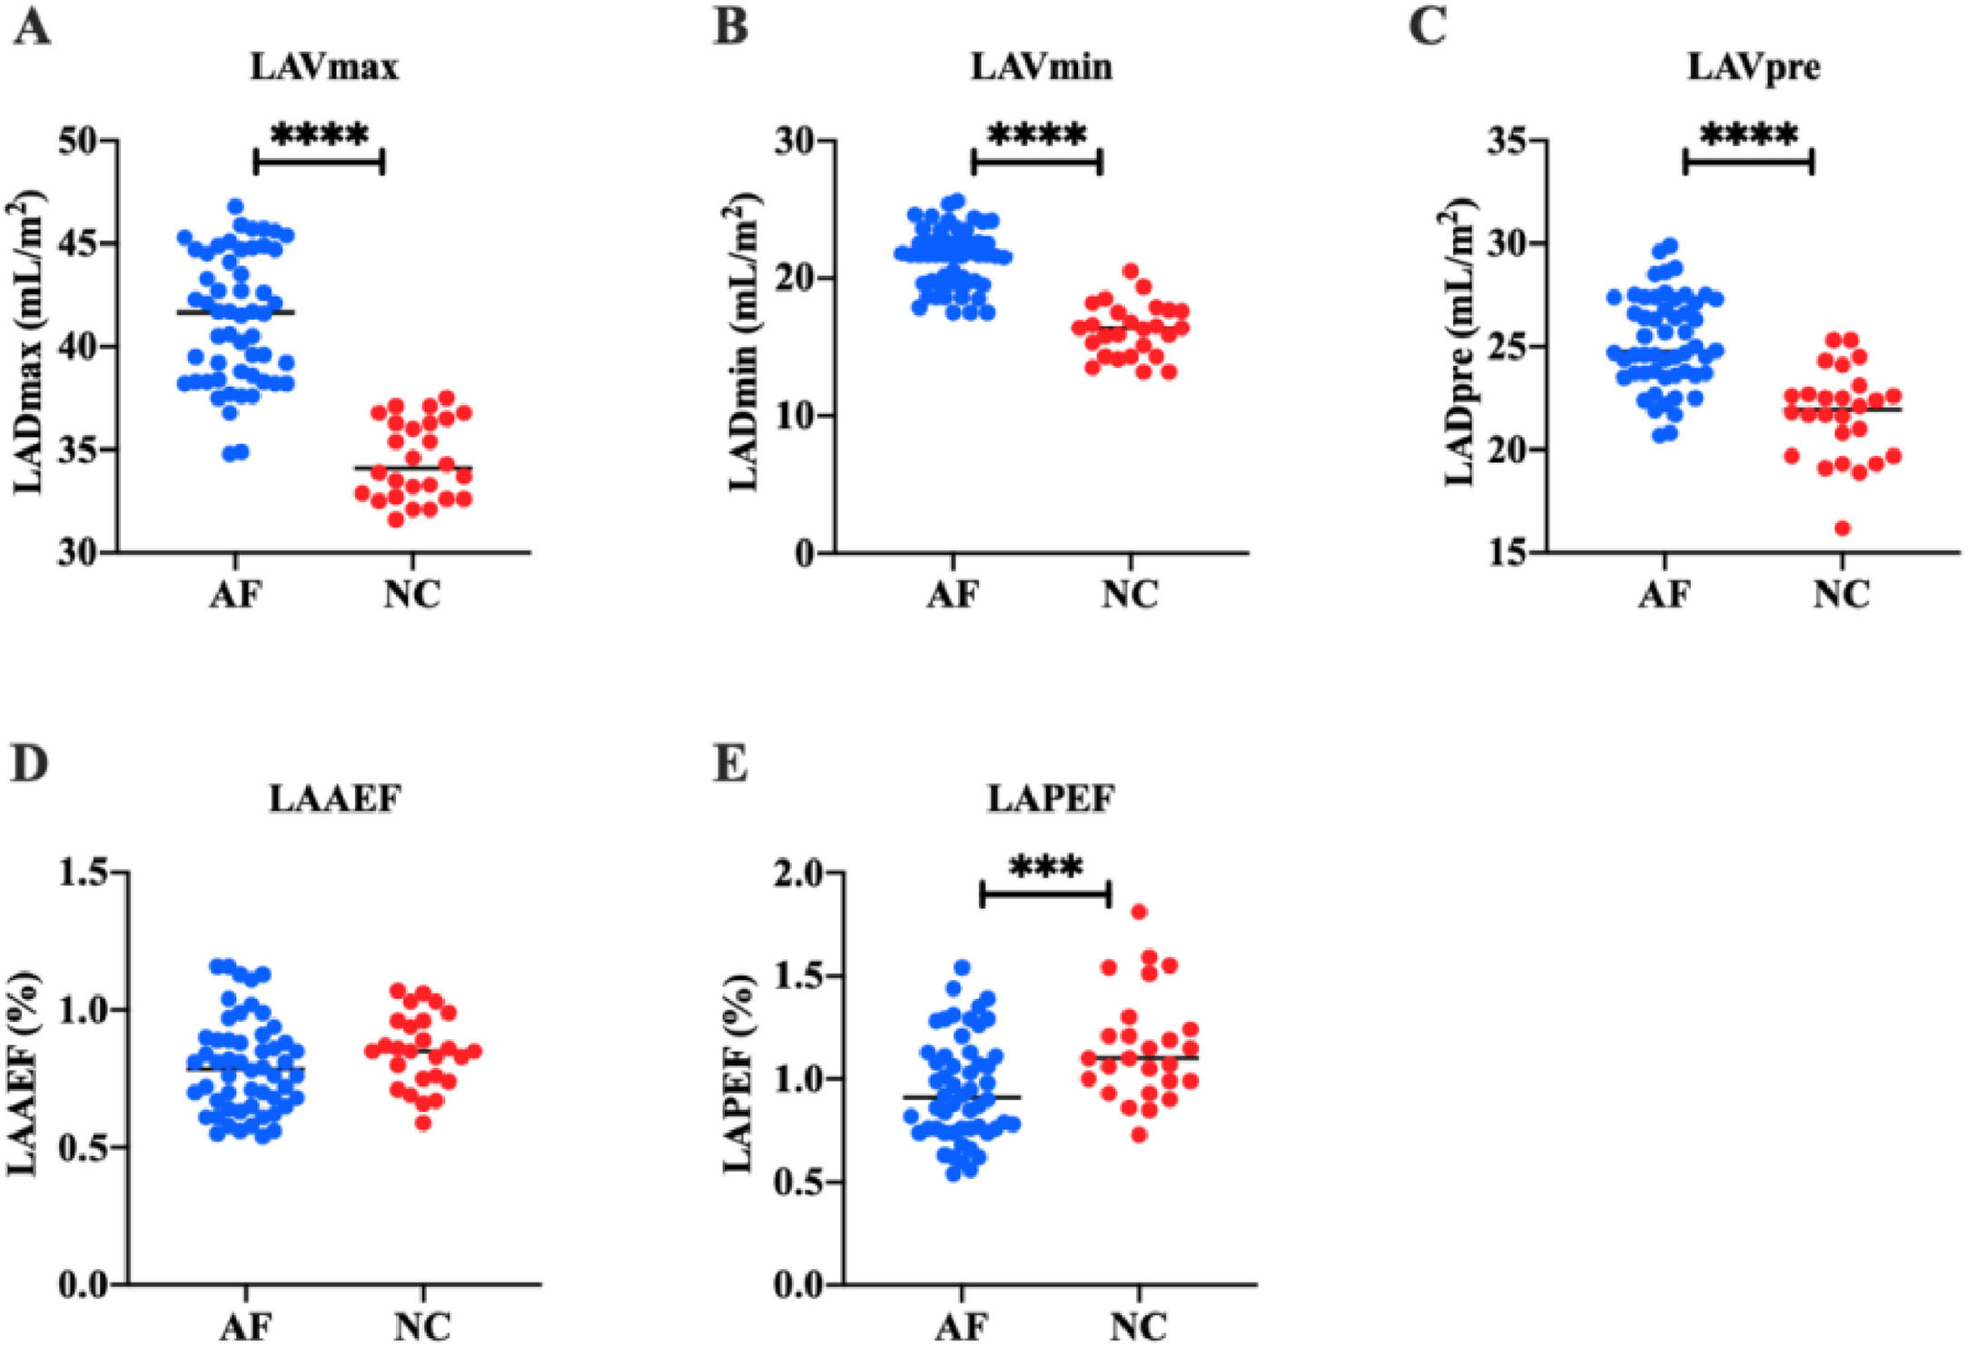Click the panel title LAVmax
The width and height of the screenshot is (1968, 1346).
coord(324,68)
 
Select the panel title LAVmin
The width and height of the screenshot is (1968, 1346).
coord(1041,68)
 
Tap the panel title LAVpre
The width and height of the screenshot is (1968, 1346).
coord(1754,68)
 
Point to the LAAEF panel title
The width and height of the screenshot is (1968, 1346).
coord(335,798)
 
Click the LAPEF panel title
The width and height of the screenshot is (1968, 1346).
coord(1050,798)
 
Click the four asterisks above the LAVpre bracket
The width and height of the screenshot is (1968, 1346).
coord(1748,136)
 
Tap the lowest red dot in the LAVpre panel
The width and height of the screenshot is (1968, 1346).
coord(1843,528)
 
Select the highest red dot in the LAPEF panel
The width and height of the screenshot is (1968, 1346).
coord(1140,912)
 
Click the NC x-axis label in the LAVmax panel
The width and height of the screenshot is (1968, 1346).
coord(411,595)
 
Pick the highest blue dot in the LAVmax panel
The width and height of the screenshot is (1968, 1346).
coord(236,206)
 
